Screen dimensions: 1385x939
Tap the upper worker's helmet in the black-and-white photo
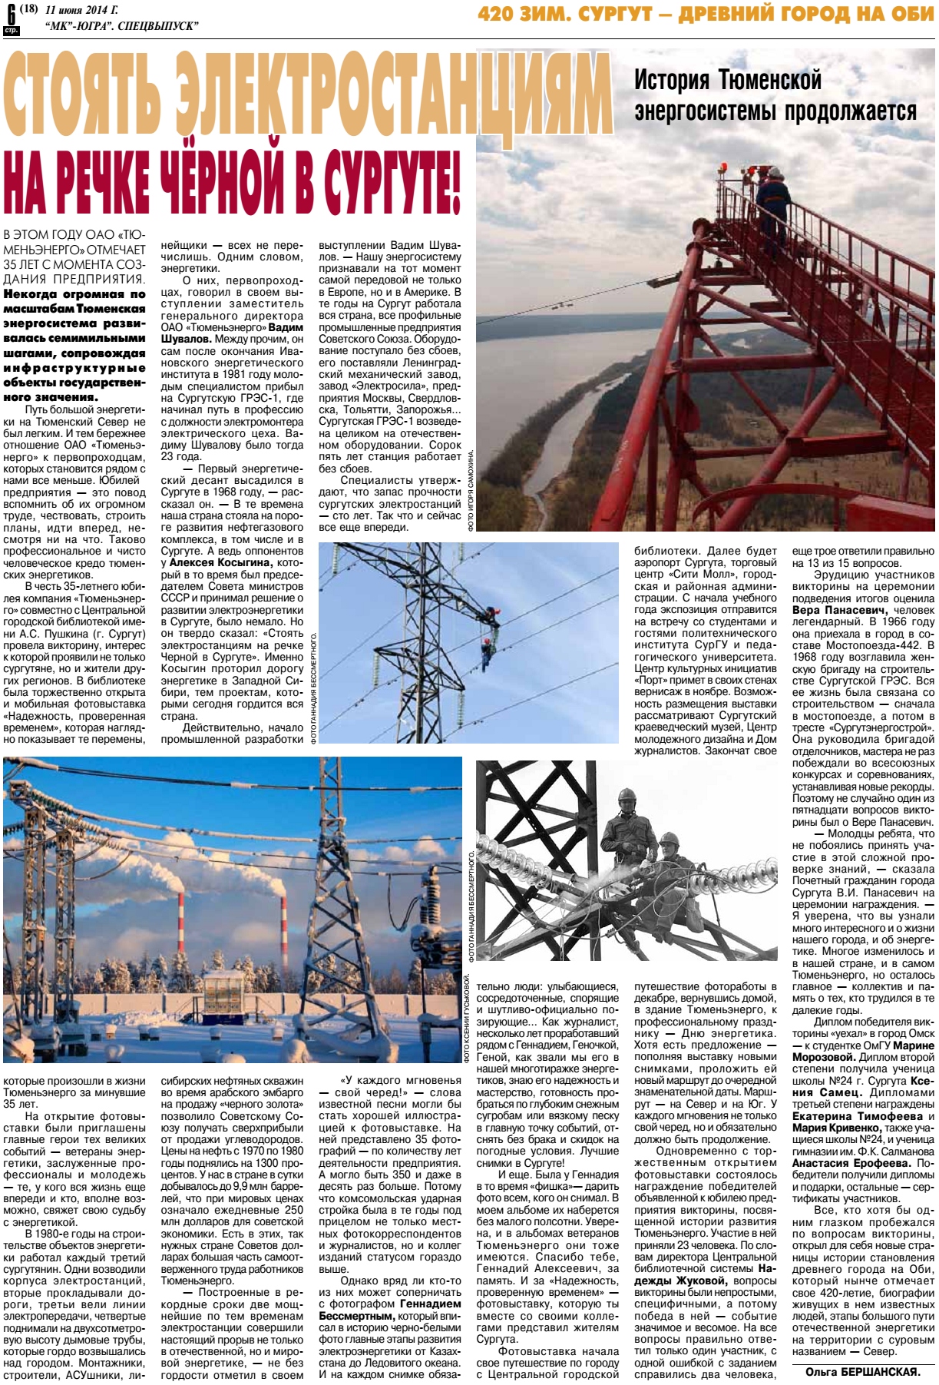click(627, 794)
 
